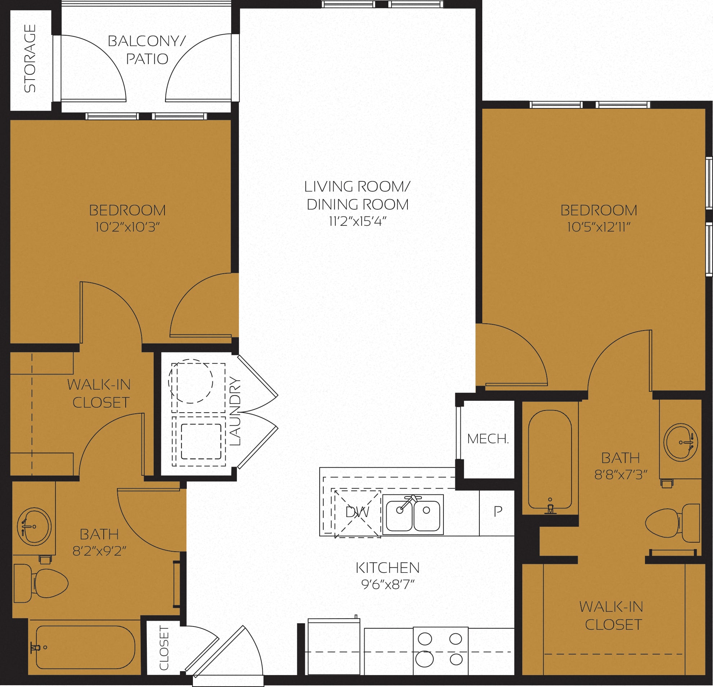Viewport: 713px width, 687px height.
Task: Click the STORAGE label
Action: pyautogui.click(x=30, y=58)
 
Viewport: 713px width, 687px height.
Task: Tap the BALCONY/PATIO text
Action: pyautogui.click(x=147, y=50)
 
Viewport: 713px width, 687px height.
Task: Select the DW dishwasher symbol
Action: pyautogui.click(x=357, y=512)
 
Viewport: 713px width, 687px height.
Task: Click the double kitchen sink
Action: pyautogui.click(x=413, y=514)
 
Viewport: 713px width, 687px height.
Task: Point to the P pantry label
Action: pyautogui.click(x=498, y=512)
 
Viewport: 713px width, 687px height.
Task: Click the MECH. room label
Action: pyautogui.click(x=488, y=439)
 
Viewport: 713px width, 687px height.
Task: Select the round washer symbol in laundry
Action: pyautogui.click(x=191, y=381)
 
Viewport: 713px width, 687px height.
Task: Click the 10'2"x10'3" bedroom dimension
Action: pyautogui.click(x=127, y=228)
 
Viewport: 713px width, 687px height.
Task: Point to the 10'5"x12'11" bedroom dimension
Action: pyautogui.click(x=599, y=228)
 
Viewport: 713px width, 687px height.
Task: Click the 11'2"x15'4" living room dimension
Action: pyautogui.click(x=357, y=221)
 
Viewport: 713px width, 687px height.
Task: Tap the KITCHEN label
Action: pyautogui.click(x=387, y=568)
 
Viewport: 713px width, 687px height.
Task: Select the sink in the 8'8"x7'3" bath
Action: pyautogui.click(x=680, y=442)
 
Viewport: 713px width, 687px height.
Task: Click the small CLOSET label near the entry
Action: pyautogui.click(x=164, y=648)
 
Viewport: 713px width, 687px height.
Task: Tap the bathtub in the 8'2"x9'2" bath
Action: pyautogui.click(x=86, y=647)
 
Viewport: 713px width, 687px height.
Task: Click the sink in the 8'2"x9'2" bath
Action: pyautogui.click(x=34, y=526)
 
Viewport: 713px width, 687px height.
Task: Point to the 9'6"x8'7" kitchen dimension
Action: pyautogui.click(x=388, y=585)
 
